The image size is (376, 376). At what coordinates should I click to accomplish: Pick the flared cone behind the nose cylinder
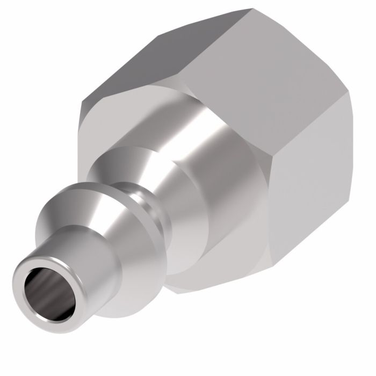[81, 226]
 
